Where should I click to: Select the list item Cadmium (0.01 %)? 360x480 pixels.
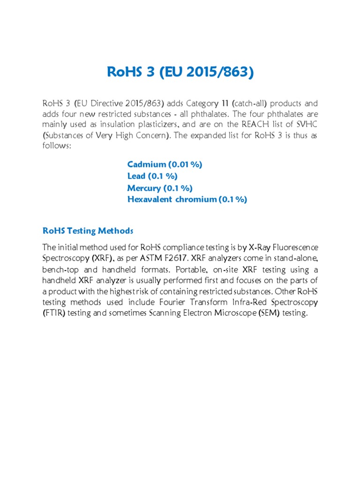click(165, 165)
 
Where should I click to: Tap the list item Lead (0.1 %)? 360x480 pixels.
click(152, 176)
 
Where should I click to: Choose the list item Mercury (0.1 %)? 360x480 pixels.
click(160, 188)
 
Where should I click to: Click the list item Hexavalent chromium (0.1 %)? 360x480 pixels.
click(187, 200)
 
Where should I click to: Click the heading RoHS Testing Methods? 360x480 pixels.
click(88, 231)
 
